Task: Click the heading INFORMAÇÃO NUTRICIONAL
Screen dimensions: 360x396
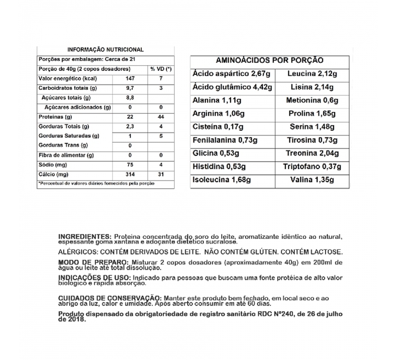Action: click(105, 49)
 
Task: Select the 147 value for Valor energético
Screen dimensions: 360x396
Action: click(130, 78)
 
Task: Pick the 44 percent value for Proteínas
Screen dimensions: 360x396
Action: click(161, 117)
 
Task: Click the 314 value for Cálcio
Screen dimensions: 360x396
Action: click(130, 174)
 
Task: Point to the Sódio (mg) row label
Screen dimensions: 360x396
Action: click(50, 165)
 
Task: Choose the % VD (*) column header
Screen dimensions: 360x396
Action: click(161, 69)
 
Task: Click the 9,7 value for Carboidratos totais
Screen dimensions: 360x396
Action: click(130, 88)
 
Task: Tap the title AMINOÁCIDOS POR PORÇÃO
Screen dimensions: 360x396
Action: click(270, 60)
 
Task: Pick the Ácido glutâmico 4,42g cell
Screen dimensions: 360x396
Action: click(232, 87)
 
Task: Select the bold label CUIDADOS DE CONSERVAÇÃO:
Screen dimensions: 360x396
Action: click(110, 298)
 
